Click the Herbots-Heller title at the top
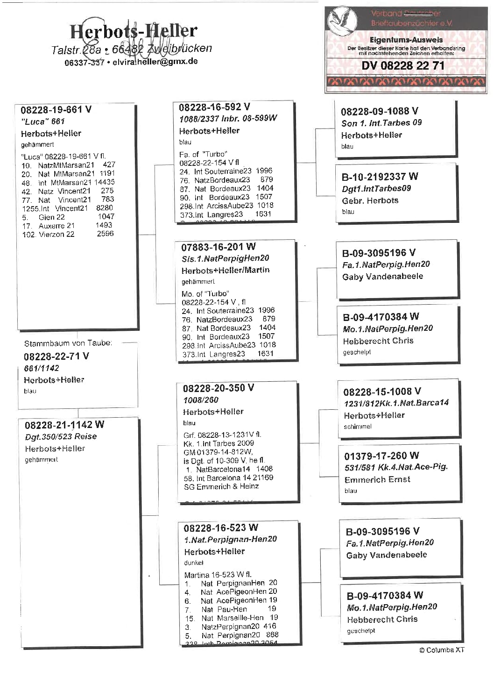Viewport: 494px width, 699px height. [x=134, y=31]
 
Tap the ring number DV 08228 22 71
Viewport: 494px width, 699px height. [x=403, y=65]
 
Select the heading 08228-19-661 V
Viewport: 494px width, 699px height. [x=56, y=110]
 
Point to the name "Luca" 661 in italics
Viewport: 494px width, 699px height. [x=42, y=121]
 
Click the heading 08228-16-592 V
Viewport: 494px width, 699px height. [x=214, y=107]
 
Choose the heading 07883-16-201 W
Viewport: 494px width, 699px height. [x=219, y=247]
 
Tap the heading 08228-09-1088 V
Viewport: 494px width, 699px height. [x=379, y=111]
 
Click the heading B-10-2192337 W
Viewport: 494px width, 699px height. [x=380, y=177]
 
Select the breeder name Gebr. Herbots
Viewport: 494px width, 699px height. [x=370, y=200]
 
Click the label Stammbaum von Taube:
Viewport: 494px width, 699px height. [x=68, y=343]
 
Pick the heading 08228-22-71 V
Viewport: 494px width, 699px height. [x=56, y=356]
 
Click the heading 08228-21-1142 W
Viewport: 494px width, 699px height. [x=64, y=425]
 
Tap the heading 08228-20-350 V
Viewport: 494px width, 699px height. [x=219, y=388]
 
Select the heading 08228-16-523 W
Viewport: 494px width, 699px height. [x=220, y=528]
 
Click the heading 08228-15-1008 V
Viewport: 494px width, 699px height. [x=382, y=392]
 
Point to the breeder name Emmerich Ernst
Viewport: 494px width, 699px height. [x=377, y=479]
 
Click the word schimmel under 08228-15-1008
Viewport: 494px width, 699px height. [x=358, y=427]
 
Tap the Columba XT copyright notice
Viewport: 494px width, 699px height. [x=441, y=650]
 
